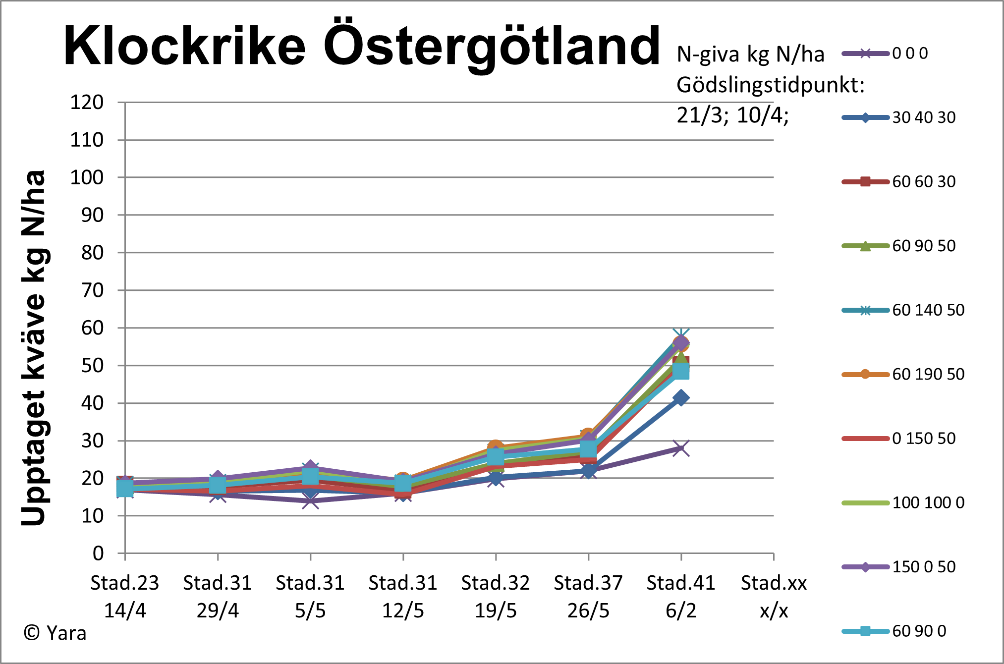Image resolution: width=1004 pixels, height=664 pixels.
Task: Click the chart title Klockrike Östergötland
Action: click(362, 46)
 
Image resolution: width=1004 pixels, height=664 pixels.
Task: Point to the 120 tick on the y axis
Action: click(87, 103)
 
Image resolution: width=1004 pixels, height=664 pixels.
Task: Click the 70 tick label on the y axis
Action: click(92, 290)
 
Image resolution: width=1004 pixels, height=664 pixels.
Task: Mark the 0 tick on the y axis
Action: click(98, 553)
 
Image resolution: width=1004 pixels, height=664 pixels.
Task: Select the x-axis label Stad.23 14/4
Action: click(125, 597)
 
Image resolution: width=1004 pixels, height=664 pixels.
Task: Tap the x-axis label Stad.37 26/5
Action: click(588, 597)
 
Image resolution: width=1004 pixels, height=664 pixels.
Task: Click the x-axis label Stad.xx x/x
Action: click(774, 597)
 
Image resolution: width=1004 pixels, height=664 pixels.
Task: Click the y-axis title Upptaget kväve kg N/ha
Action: click(34, 347)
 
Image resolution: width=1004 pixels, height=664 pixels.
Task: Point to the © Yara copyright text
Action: click(55, 633)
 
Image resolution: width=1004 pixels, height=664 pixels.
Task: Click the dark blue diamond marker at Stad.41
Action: click(681, 398)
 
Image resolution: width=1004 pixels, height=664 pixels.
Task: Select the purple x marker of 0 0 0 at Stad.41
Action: click(681, 448)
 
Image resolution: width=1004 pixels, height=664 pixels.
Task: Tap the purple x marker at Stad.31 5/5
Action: click(311, 501)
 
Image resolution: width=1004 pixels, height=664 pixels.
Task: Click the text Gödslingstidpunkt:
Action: click(770, 85)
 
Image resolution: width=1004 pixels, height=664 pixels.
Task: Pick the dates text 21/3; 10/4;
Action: click(732, 115)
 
